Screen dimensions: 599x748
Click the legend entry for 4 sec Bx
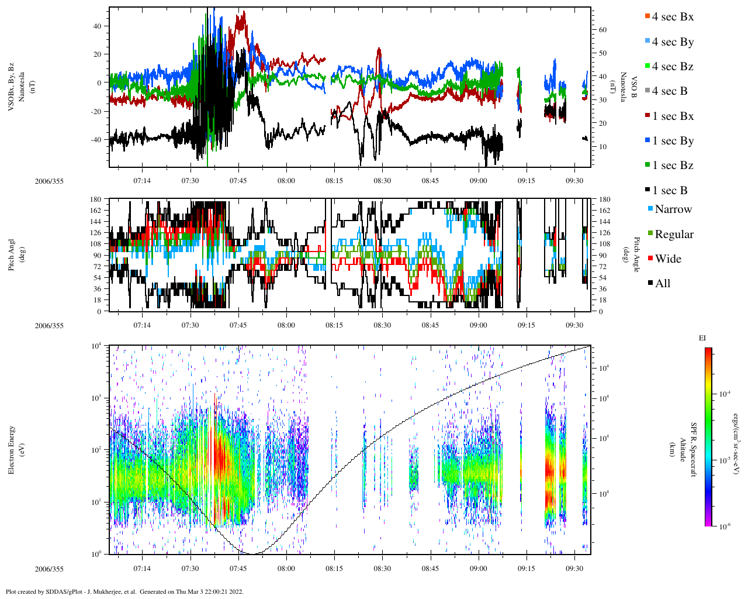click(x=672, y=17)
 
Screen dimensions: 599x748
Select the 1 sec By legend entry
click(x=672, y=141)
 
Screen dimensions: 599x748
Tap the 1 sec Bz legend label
click(x=672, y=166)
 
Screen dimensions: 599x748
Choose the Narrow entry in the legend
click(x=673, y=209)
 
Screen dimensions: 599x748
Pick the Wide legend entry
click(x=667, y=259)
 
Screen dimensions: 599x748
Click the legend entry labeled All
click(x=662, y=284)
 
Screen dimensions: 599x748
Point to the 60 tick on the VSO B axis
click(x=602, y=30)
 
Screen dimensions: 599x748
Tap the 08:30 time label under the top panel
click(x=382, y=181)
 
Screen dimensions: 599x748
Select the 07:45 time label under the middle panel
click(x=238, y=325)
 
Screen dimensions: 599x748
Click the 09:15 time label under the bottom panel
click(x=526, y=569)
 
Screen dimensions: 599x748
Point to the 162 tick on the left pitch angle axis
click(x=96, y=211)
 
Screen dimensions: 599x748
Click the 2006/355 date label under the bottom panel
click(x=49, y=569)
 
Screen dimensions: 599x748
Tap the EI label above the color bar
click(x=702, y=338)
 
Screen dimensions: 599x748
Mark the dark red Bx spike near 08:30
click(x=379, y=50)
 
